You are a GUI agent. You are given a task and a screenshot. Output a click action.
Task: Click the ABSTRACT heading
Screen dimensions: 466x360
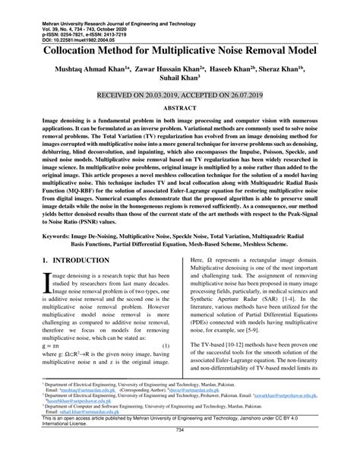[x=180, y=107]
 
